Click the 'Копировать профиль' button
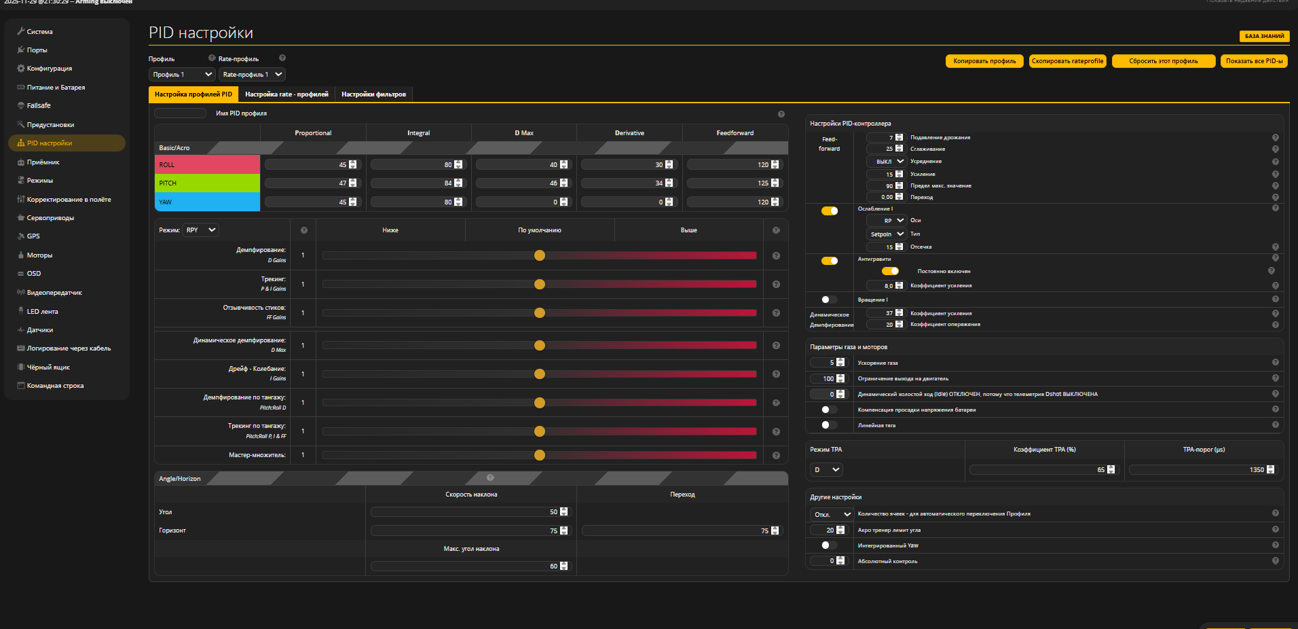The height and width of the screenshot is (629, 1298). tap(984, 61)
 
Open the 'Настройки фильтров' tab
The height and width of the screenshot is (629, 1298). tap(373, 94)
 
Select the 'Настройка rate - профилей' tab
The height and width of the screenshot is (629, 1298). tap(286, 94)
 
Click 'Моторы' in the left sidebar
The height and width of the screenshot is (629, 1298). tap(39, 255)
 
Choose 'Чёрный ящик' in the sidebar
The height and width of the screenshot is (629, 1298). tap(48, 367)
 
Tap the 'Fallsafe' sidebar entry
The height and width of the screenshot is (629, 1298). tap(39, 106)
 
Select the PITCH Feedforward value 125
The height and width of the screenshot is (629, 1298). tap(729, 183)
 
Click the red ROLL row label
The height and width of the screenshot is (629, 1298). tap(207, 165)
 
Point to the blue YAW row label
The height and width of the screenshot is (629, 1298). tap(207, 202)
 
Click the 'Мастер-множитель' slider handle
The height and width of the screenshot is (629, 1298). tap(540, 455)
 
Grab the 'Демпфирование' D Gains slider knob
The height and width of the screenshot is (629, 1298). tap(540, 255)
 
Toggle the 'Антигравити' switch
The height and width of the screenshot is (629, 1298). tap(830, 261)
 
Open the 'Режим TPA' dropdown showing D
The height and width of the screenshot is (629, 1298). tap(826, 470)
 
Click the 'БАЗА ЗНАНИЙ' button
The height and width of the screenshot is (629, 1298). tap(1264, 36)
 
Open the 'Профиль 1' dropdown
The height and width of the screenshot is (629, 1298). tap(182, 75)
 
